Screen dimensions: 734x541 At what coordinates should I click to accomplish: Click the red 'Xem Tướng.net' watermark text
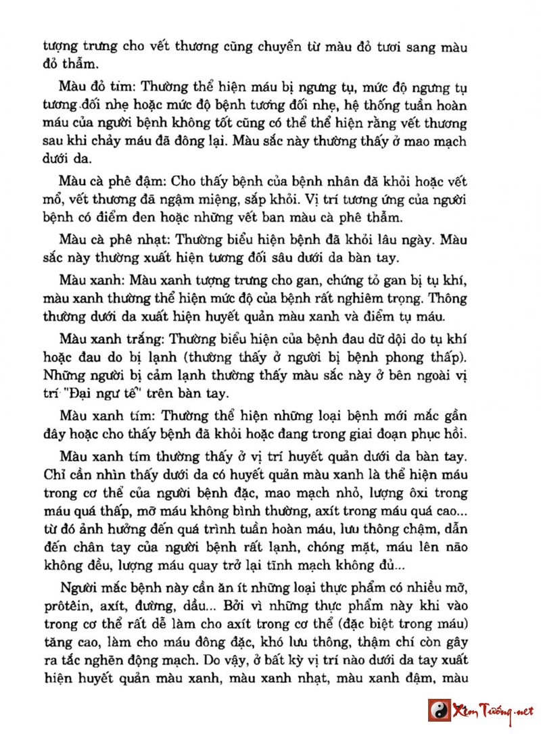click(493, 710)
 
